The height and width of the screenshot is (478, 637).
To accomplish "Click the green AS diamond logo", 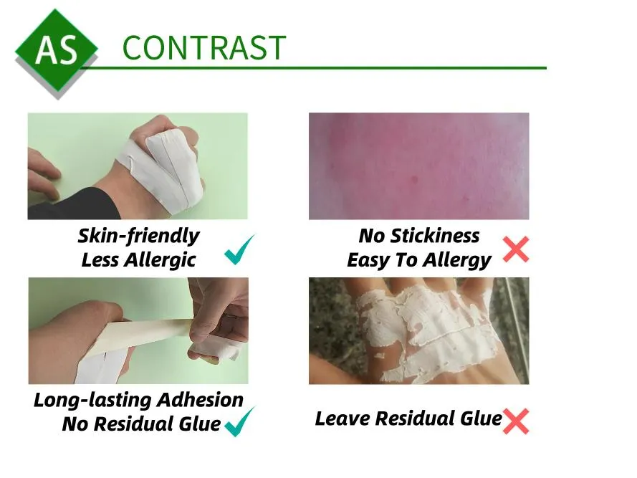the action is click(x=57, y=50).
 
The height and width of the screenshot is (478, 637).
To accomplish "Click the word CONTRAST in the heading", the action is click(x=204, y=48).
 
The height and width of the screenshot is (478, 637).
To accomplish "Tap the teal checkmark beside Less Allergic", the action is click(x=240, y=249).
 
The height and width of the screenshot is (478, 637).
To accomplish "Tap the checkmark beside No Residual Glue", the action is click(x=240, y=421).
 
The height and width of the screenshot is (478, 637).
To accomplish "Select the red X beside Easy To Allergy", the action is click(x=516, y=249).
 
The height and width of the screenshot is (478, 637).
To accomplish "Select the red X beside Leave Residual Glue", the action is click(x=516, y=421).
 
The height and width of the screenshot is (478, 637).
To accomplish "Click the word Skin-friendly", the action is click(x=138, y=236).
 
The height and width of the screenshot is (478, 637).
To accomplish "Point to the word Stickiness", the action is click(x=435, y=236).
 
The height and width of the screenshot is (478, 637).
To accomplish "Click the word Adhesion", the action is click(x=201, y=400).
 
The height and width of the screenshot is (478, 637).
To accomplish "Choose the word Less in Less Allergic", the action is click(x=100, y=260).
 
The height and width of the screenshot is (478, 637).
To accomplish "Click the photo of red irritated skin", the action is click(x=419, y=166).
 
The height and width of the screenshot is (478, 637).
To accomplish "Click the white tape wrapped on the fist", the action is click(x=165, y=167).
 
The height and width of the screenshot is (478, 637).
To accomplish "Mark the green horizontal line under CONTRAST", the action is click(x=313, y=68).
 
